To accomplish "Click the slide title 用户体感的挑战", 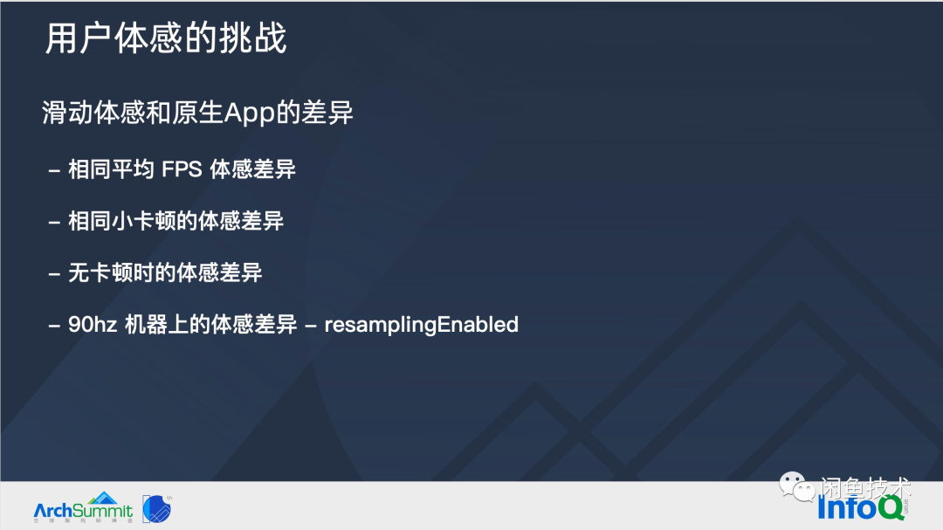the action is coord(166,38).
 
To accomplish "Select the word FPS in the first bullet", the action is coord(182,169).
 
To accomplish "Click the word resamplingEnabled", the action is coord(421,325).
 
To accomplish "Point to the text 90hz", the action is coord(92,325).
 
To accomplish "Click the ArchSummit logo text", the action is coord(83,512).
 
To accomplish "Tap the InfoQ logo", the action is coord(861,508).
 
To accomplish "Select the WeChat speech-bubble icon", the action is coord(797,486).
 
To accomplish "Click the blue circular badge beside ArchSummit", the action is coord(157,509).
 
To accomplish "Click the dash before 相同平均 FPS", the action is coord(54,171).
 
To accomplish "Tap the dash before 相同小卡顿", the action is coord(54,223).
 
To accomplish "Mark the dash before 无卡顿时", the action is coord(54,274).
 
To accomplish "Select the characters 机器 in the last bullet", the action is coord(146,325).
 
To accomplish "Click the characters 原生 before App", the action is coord(198,114).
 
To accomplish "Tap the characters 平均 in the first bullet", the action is coord(133,169).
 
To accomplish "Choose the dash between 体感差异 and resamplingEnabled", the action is coord(311,326).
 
